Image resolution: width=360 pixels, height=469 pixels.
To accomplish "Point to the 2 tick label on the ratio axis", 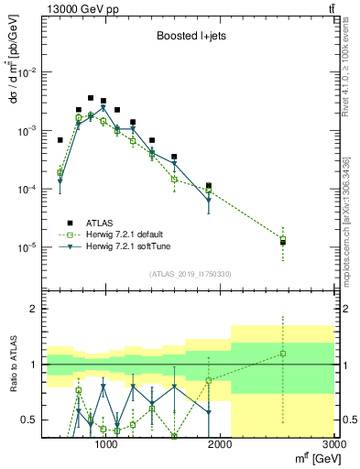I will pos(33,309).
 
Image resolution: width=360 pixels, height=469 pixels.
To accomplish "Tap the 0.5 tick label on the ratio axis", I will pos(30,420).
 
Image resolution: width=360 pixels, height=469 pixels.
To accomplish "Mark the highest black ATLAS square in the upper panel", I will pos(91,98).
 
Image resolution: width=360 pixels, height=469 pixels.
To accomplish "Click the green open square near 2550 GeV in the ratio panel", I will pos(283,354).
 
